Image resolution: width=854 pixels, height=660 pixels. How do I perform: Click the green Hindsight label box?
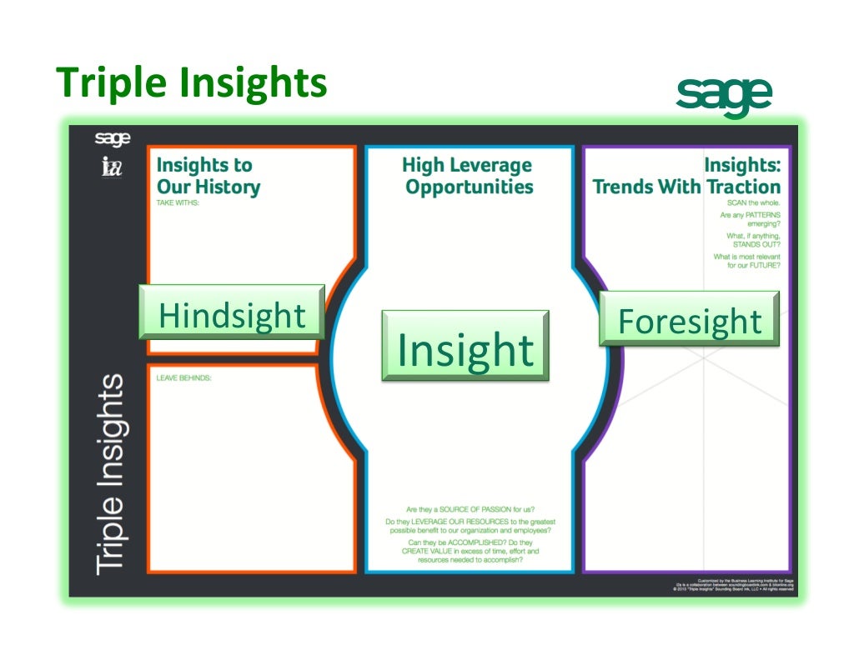pyautogui.click(x=232, y=316)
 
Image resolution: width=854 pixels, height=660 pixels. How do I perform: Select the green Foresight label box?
pyautogui.click(x=689, y=321)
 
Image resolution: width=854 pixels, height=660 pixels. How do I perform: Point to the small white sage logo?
pyautogui.click(x=112, y=138)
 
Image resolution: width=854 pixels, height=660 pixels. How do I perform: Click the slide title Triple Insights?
pyautogui.click(x=192, y=83)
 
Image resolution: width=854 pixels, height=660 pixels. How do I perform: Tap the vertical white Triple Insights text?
pyautogui.click(x=111, y=474)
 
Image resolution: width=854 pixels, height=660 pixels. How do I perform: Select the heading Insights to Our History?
pyautogui.click(x=208, y=176)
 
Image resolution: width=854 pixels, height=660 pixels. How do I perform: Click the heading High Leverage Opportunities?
pyautogui.click(x=469, y=176)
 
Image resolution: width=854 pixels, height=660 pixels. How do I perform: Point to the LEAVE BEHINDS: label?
pyautogui.click(x=184, y=377)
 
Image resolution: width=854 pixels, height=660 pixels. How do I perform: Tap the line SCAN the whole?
pyautogui.click(x=754, y=202)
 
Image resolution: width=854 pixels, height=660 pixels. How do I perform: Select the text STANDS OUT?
pyautogui.click(x=756, y=245)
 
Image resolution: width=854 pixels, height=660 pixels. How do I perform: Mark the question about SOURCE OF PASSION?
pyautogui.click(x=470, y=509)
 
